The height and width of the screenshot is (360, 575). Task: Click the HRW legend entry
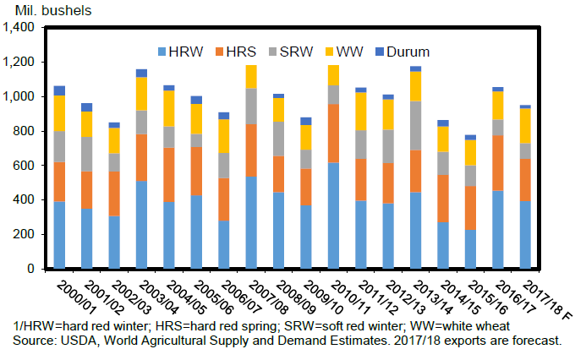click(185, 52)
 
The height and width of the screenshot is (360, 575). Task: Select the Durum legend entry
click(405, 52)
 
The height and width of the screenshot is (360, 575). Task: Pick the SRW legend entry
click(299, 52)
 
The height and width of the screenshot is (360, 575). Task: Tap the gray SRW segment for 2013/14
click(415, 125)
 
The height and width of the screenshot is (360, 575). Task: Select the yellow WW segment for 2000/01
click(59, 113)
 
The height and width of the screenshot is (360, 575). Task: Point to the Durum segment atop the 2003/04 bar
click(141, 74)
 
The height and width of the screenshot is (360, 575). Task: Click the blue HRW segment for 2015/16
click(469, 248)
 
